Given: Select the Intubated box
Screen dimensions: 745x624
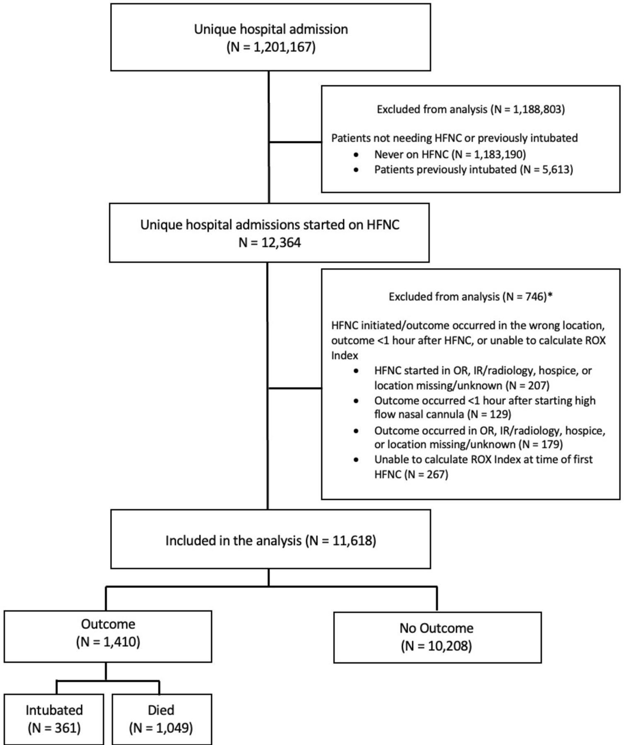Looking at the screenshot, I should [54, 719].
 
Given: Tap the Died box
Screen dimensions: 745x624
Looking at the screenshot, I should [161, 719].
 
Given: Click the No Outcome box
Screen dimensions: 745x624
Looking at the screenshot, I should [437, 637].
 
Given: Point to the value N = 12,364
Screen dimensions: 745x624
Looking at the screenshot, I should [270, 243].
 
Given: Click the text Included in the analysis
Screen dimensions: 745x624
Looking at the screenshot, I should [233, 541].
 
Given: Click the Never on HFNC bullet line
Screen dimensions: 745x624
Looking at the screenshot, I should [450, 154].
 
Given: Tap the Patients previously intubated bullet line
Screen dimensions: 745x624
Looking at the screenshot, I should [473, 170].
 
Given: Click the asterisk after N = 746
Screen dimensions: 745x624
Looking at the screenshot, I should [550, 296].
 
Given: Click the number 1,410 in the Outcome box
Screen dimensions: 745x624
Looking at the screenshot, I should [120, 642].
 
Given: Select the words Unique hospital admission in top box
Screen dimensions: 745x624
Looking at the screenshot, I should [271, 29].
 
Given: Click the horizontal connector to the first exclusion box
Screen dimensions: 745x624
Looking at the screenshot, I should [295, 142].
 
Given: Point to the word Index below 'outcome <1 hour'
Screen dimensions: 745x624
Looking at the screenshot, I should [345, 356].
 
